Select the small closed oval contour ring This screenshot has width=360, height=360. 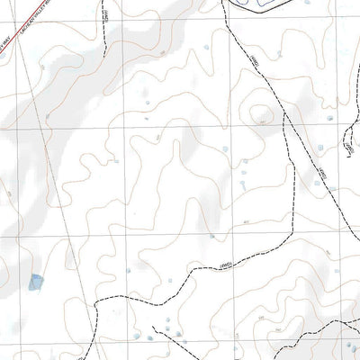tap(262, 114)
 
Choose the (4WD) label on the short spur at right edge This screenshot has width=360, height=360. tap(349, 143)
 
